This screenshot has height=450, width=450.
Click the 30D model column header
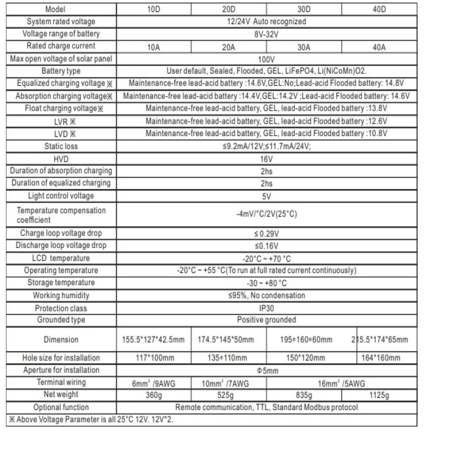(x=304, y=10)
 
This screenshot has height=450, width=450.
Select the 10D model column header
(x=153, y=10)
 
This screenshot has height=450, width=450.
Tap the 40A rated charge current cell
(x=379, y=47)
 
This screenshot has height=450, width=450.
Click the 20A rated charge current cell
(x=228, y=47)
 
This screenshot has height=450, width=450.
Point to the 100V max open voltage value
(x=266, y=58)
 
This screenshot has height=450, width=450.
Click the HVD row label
(x=61, y=159)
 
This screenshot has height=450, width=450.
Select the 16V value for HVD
(x=266, y=159)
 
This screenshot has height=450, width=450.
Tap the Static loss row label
(x=61, y=146)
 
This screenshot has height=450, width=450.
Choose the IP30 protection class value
(x=266, y=308)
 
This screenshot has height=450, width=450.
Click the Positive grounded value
(x=266, y=320)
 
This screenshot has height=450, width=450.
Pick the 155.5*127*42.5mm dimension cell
(x=153, y=340)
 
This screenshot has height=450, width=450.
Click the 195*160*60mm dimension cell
(x=304, y=340)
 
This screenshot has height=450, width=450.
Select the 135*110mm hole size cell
(x=228, y=358)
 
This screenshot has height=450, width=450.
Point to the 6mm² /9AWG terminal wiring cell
(x=153, y=382)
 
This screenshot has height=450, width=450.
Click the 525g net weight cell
(x=228, y=395)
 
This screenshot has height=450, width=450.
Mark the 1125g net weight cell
(x=379, y=395)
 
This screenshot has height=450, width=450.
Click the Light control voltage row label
(x=61, y=196)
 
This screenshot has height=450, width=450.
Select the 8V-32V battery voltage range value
(x=266, y=34)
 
